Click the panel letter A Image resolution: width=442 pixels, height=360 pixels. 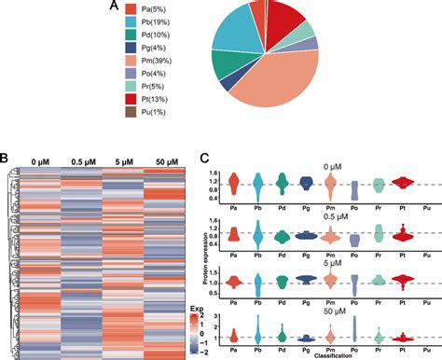pos(113,7)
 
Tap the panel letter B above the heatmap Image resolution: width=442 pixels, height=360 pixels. pos(6,158)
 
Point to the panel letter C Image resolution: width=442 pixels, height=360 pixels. pos(206,158)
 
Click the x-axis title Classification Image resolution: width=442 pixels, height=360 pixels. pos(327,355)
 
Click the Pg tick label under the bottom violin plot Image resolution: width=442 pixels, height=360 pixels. pos(305,347)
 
